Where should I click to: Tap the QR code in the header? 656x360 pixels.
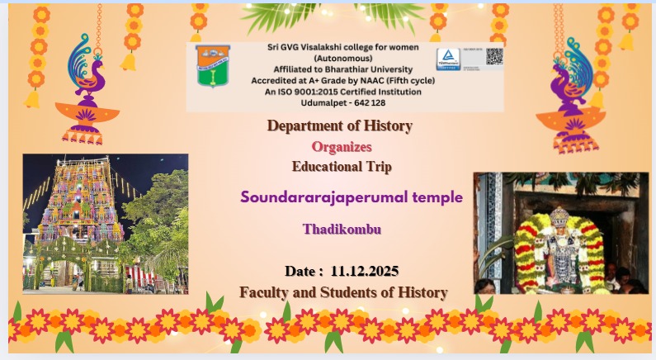click(x=493, y=58)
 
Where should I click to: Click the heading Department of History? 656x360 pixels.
click(x=339, y=126)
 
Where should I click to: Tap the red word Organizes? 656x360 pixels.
click(x=342, y=147)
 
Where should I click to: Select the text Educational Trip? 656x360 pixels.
click(x=342, y=166)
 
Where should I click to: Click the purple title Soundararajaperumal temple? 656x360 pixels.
click(x=352, y=197)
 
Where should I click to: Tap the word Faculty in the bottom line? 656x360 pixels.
click(x=265, y=292)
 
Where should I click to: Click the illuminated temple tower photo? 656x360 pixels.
click(x=106, y=223)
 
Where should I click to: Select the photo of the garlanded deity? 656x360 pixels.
click(x=560, y=233)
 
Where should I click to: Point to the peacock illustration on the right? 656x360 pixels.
click(x=578, y=83)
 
